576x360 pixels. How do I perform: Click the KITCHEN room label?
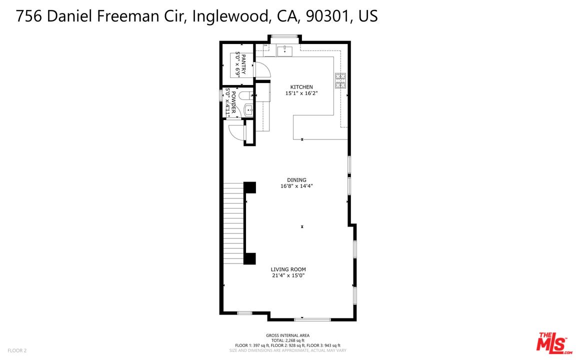(299, 87)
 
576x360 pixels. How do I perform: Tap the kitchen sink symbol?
(284, 50)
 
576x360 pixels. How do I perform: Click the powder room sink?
(248, 109)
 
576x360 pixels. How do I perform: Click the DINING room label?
(296, 180)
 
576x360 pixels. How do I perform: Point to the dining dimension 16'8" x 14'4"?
(296, 186)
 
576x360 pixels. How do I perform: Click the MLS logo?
(554, 343)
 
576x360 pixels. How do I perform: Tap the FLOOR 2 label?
(17, 350)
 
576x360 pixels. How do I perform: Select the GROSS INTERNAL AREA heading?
(287, 335)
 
